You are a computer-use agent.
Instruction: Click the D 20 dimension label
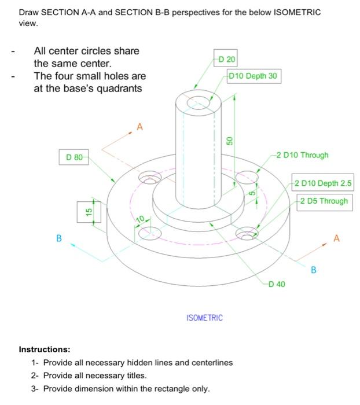[226, 60]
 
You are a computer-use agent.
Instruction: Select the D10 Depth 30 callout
[254, 76]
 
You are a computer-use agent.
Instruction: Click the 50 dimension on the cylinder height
[229, 141]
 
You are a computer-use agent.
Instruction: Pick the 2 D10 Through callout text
[302, 155]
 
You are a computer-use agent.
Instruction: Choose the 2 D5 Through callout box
[324, 201]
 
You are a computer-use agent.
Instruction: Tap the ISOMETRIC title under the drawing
[204, 318]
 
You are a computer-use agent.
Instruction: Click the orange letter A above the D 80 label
[138, 126]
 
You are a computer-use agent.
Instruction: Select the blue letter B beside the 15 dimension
[58, 238]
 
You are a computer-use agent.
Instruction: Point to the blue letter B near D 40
[313, 269]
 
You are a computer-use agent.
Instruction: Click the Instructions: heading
[45, 349]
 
